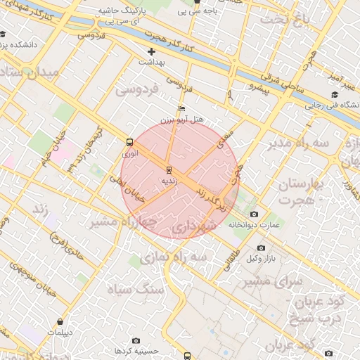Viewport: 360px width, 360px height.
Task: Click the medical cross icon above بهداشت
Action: [x=152, y=51]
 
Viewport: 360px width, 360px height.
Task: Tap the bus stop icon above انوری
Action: [x=129, y=141]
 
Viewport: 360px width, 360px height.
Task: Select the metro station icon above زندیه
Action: [x=169, y=169]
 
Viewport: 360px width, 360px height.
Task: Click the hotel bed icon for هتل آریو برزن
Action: [x=182, y=109]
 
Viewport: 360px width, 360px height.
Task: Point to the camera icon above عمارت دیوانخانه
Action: [x=254, y=214]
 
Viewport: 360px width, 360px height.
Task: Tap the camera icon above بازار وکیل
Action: [x=261, y=247]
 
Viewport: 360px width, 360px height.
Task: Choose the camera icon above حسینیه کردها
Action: [x=136, y=340]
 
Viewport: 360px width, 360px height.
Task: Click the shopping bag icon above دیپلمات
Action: [x=60, y=321]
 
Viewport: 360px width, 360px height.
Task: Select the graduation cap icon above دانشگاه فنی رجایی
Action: [x=335, y=95]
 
